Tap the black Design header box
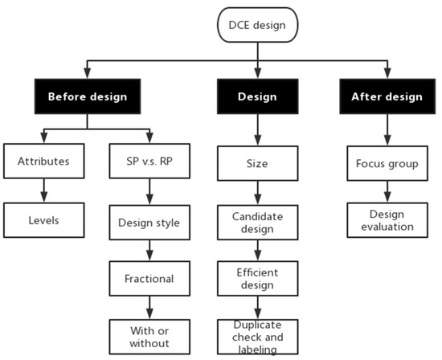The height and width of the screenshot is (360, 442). click(x=257, y=96)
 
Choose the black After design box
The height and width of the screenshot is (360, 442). click(x=386, y=96)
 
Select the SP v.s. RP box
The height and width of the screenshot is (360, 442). click(x=149, y=161)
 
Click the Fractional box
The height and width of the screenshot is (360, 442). click(x=149, y=278)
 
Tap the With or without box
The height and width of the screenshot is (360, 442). click(x=149, y=335)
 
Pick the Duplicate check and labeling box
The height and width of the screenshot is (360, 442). click(x=257, y=335)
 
